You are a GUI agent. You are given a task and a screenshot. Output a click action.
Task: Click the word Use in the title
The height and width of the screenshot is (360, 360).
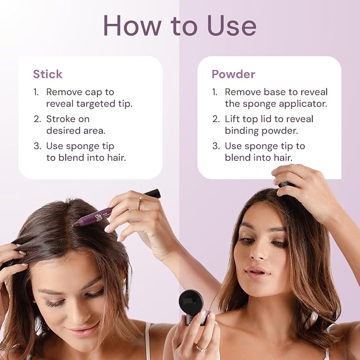click(x=231, y=25)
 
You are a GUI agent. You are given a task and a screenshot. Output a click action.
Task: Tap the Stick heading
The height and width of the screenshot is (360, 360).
click(x=48, y=74)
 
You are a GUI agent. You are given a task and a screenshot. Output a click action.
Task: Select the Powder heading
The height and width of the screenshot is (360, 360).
click(x=233, y=74)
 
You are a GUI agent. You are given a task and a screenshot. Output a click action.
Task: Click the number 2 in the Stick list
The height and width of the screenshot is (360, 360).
click(x=37, y=119)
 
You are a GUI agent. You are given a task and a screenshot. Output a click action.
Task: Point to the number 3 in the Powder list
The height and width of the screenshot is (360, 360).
click(x=216, y=146)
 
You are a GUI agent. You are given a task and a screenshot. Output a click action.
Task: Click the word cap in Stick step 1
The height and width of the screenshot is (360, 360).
click(x=93, y=93)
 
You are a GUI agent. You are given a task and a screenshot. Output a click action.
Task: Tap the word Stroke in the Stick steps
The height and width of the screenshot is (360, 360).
click(x=60, y=119)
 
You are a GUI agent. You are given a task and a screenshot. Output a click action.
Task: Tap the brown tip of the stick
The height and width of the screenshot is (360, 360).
click(x=75, y=224)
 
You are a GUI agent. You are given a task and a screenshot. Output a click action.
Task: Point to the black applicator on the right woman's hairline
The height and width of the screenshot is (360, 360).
click(x=285, y=185)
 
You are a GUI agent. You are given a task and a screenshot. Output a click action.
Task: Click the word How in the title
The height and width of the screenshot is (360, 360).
click(x=132, y=25)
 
